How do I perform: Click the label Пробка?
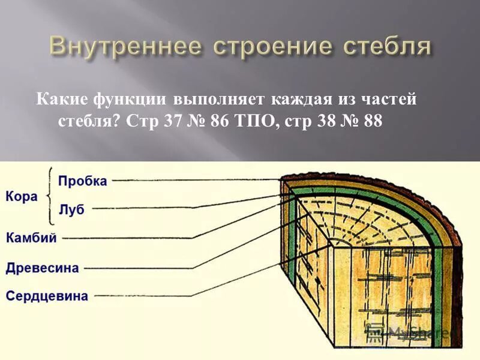(x=83, y=181)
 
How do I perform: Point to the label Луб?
(x=71, y=209)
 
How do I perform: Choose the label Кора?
(x=21, y=196)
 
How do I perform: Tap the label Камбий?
(x=32, y=238)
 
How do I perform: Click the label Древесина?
(x=43, y=268)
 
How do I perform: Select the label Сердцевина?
(x=47, y=296)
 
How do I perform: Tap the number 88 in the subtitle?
(x=373, y=121)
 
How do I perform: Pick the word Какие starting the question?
(x=61, y=98)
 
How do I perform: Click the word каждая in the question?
(x=300, y=98)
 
